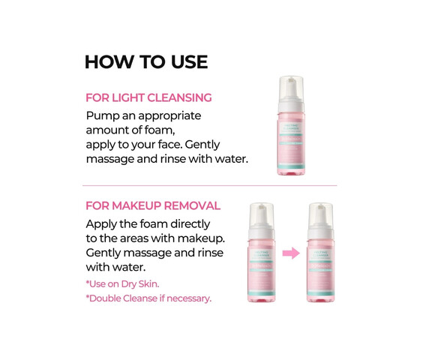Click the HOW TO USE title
click(145, 62)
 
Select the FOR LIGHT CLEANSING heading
click(148, 97)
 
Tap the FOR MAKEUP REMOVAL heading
click(153, 205)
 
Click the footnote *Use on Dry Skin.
click(122, 283)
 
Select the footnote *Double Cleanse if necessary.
click(148, 298)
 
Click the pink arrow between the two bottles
click(291, 253)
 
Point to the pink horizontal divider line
click(210, 185)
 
